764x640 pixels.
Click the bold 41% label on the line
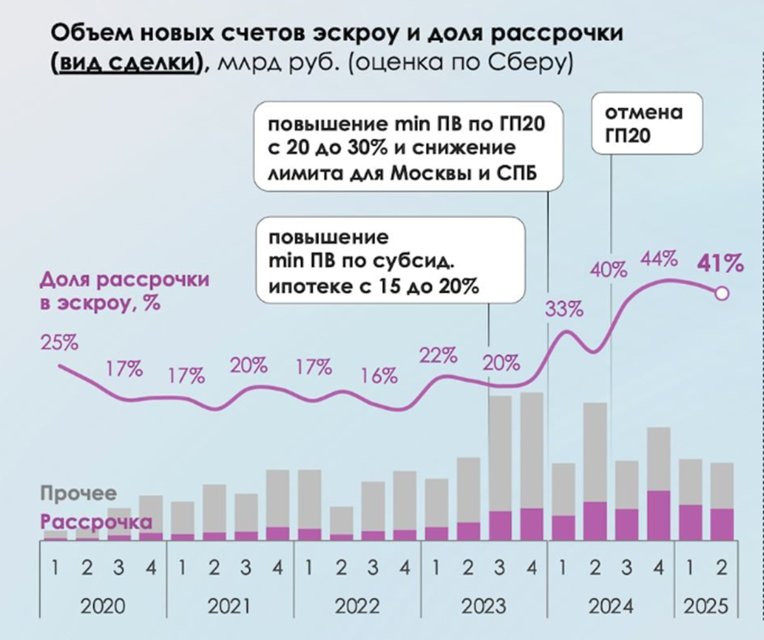coord(721,264)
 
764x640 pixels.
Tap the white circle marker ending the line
coord(722,293)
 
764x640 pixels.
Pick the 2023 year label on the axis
coord(484,606)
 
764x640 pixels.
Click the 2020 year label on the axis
coord(104,606)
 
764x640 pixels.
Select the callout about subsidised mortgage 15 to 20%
coord(389,262)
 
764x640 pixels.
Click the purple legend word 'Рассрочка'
coord(96,522)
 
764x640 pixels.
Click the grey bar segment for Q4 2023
coord(532,449)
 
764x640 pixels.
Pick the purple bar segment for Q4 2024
coord(658,515)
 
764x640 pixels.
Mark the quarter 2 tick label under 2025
coord(721,566)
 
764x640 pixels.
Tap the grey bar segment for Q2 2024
coord(595,452)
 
